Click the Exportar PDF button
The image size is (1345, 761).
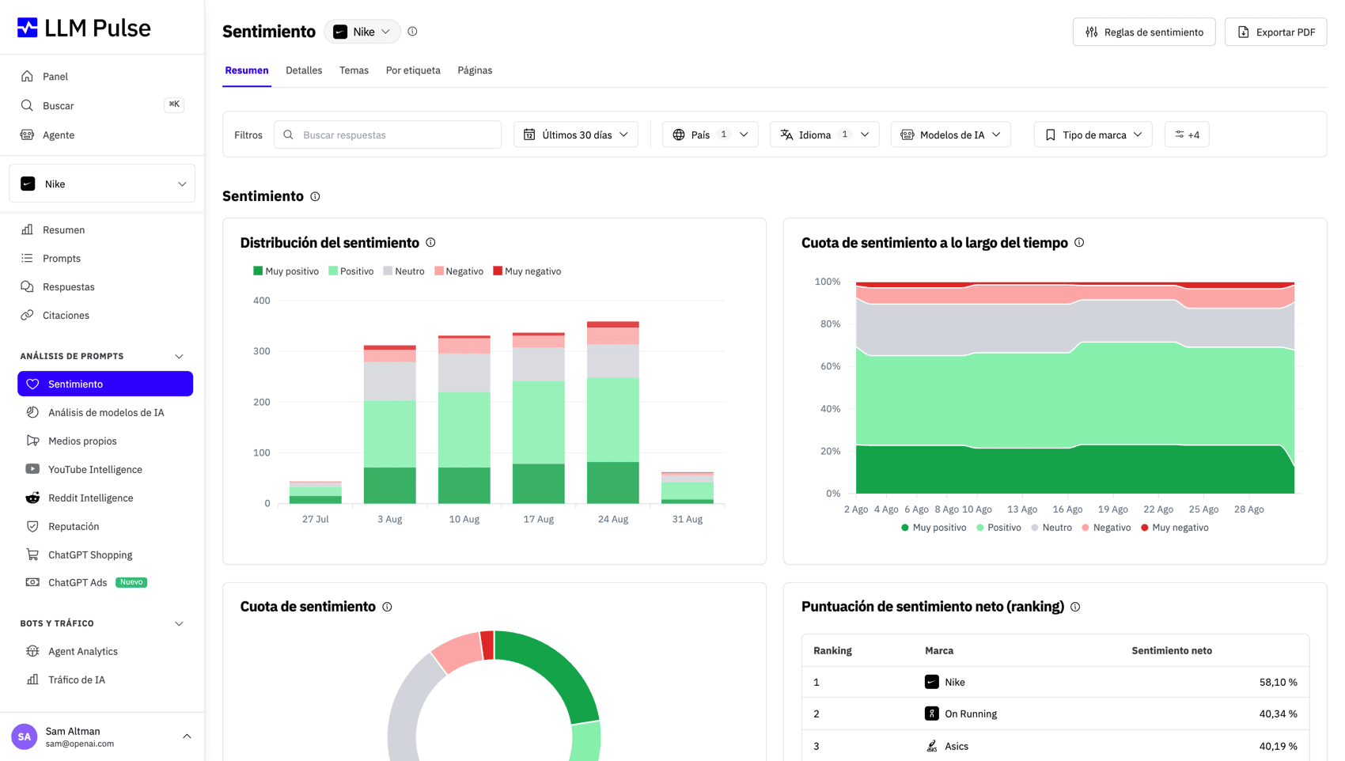[x=1275, y=32]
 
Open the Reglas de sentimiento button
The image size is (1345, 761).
[x=1144, y=32]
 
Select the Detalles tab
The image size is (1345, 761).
[x=304, y=70]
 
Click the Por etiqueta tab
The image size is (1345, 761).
[x=413, y=70]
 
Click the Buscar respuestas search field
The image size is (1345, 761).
[x=388, y=134]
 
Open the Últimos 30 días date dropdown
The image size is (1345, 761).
[x=576, y=134]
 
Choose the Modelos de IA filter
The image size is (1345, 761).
[x=950, y=134]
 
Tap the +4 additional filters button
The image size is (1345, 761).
[x=1187, y=134]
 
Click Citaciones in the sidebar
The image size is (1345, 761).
[x=66, y=315]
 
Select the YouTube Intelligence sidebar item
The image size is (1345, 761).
[x=95, y=469]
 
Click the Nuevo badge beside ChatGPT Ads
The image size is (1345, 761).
[x=131, y=582]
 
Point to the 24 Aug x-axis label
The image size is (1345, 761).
[x=612, y=519]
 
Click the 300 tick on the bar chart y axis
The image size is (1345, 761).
[x=262, y=351]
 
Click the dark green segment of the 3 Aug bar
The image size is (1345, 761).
[x=390, y=485]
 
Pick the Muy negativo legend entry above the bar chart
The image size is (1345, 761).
[x=527, y=271]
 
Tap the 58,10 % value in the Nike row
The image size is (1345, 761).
[x=1278, y=682]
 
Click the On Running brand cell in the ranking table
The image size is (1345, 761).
[x=960, y=714]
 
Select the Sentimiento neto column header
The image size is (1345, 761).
[x=1172, y=650]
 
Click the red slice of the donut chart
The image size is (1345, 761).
[x=487, y=646]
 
